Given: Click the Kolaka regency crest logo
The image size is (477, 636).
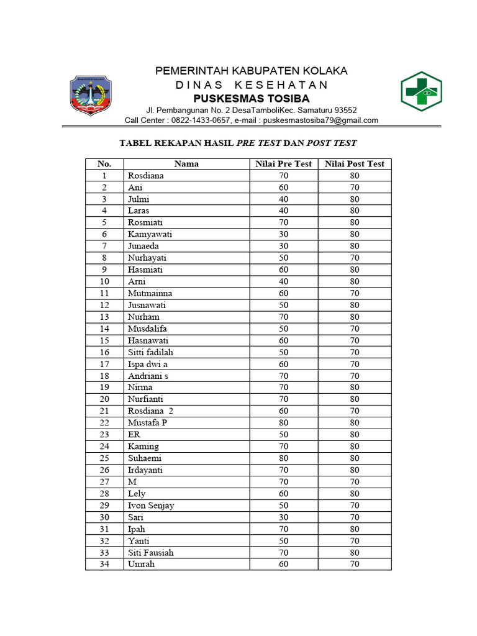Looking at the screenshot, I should pyautogui.click(x=90, y=94).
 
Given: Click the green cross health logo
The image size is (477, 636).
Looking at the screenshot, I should pyautogui.click(x=420, y=91).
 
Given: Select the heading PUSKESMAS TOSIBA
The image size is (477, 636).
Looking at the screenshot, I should pyautogui.click(x=251, y=99).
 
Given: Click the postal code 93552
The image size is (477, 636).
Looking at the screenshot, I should pyautogui.click(x=343, y=110).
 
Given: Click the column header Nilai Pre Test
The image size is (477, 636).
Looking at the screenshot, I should pyautogui.click(x=284, y=164).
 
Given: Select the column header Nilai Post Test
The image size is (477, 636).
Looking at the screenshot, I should pyautogui.click(x=355, y=164).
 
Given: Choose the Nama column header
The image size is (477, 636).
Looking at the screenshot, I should pyautogui.click(x=186, y=164).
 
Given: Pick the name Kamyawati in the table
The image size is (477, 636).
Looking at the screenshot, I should pyautogui.click(x=150, y=234).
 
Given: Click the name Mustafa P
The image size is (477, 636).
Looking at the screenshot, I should pyautogui.click(x=147, y=423).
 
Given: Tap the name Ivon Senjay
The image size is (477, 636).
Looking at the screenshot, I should pyautogui.click(x=151, y=506).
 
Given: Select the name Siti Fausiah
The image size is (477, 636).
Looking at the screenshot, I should pyautogui.click(x=151, y=552).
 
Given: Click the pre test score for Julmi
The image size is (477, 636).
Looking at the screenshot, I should pyautogui.click(x=284, y=199).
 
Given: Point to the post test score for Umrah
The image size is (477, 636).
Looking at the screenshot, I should pyautogui.click(x=355, y=564).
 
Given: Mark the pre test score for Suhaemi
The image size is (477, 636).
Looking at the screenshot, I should pyautogui.click(x=284, y=458).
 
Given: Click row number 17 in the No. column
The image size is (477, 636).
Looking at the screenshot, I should pyautogui.click(x=104, y=364).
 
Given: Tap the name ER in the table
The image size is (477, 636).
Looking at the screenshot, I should pyautogui.click(x=134, y=435).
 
